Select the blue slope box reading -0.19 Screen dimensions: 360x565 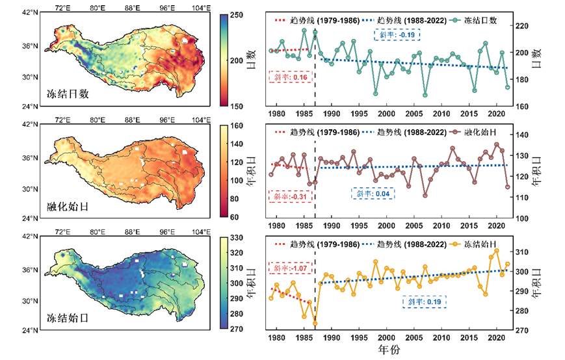[397, 34]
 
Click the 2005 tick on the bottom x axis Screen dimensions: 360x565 [414, 339]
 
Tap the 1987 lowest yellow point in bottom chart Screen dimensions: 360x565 [315, 323]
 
